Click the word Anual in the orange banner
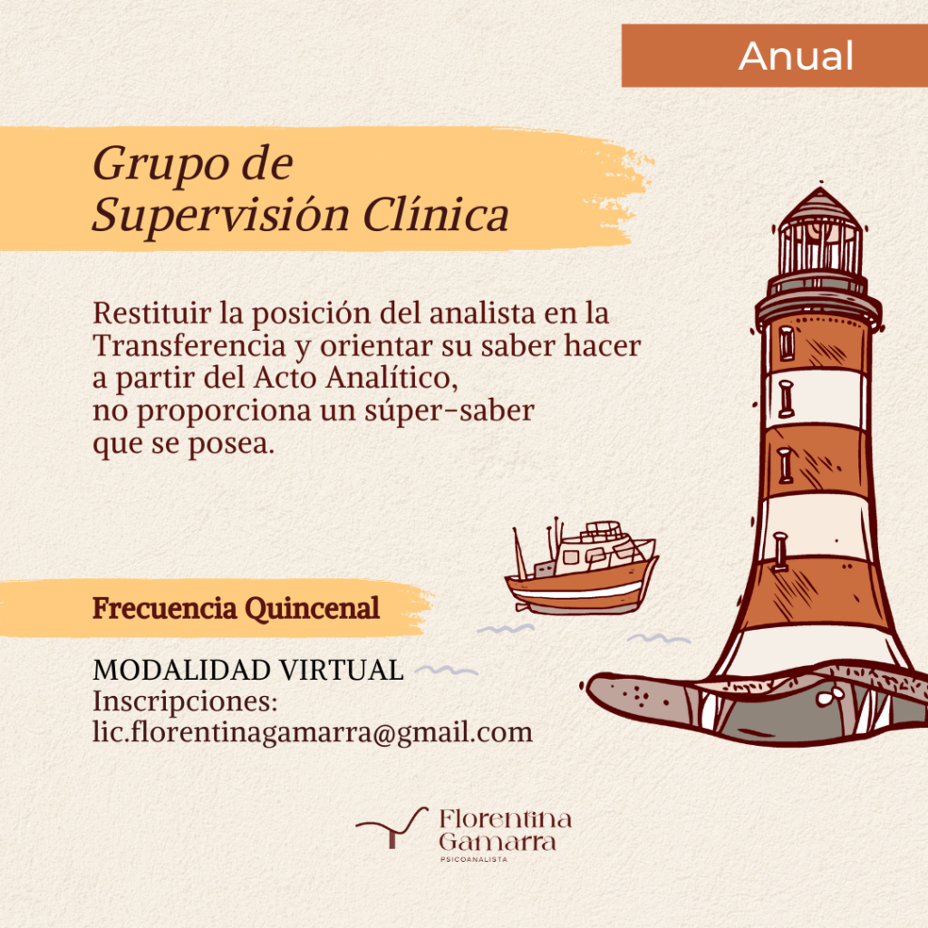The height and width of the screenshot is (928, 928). tap(796, 56)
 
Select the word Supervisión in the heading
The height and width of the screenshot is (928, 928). tap(221, 214)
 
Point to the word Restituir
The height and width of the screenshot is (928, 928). tap(151, 313)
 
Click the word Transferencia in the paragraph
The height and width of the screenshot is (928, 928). tap(189, 345)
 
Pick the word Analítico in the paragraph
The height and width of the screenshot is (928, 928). tap(391, 377)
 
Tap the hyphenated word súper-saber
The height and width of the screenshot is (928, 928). tap(449, 411)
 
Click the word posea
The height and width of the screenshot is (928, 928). tap(231, 444)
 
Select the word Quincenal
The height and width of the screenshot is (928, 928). tap(312, 608)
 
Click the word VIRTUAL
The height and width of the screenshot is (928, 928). tap(342, 670)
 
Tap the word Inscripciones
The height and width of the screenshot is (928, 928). tap(185, 702)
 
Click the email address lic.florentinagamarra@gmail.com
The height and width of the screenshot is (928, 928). tap(313, 732)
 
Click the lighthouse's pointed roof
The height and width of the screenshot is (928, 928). tap(820, 205)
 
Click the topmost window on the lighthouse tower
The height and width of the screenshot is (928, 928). tap(787, 343)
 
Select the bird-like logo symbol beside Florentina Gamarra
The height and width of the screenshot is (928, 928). tap(391, 827)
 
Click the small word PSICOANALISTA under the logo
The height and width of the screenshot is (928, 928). tap(473, 859)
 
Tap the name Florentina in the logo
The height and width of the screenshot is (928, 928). tap(506, 819)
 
